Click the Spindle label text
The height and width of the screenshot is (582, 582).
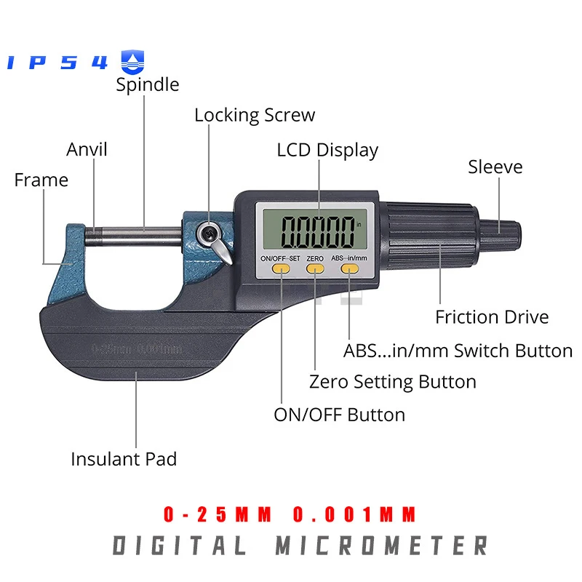pos(148,84)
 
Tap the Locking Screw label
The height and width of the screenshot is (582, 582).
pos(255,115)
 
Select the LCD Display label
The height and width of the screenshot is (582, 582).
pos(327,150)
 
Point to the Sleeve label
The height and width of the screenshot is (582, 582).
pos(495,167)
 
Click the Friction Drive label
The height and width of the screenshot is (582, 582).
pos(492,317)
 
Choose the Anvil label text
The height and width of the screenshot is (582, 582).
pos(87,149)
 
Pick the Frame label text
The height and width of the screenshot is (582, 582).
pos(41,180)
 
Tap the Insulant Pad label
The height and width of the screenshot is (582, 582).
pos(124,459)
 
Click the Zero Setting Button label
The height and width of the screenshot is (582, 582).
pos(393,382)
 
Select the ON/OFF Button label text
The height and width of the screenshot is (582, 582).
pos(339,415)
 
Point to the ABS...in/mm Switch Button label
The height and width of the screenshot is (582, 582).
pos(458,351)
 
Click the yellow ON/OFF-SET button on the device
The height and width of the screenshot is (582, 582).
pos(280,269)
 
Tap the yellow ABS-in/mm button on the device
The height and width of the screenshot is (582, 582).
pos(350,269)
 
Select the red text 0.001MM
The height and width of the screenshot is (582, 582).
pos(355,515)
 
